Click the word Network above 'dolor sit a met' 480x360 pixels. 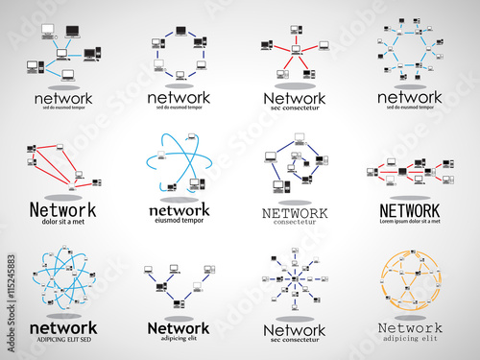click(62, 210)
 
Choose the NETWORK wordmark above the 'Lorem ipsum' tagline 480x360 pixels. click(410, 210)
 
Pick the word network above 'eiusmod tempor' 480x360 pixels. click(179, 210)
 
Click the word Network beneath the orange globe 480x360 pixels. click(410, 327)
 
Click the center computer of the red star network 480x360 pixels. click(296, 50)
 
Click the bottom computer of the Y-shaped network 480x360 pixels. click(179, 300)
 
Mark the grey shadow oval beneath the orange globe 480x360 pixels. click(410, 318)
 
